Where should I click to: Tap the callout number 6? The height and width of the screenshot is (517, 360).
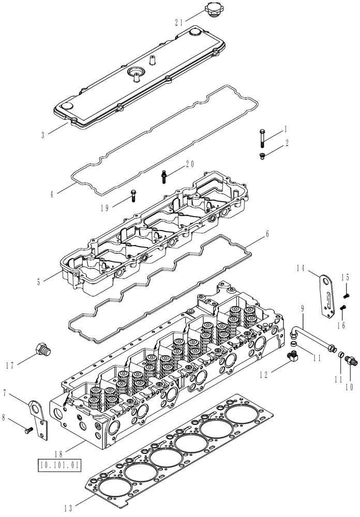(x=266, y=233)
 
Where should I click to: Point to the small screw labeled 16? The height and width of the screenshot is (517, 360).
(x=342, y=309)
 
